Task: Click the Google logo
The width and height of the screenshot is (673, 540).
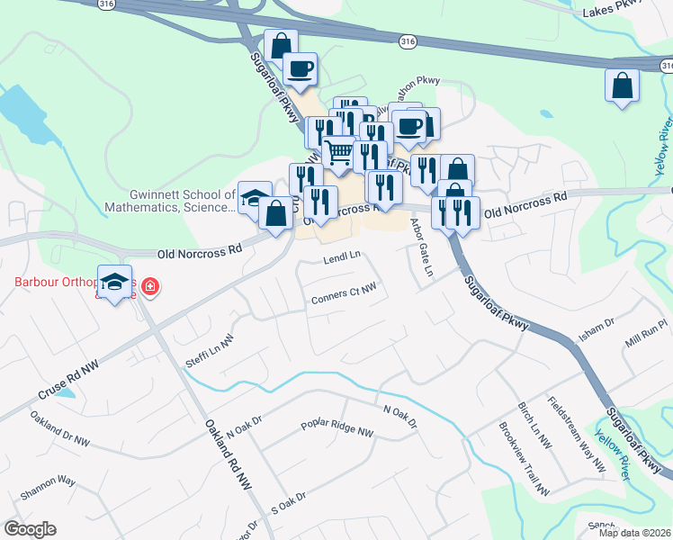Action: click(31, 529)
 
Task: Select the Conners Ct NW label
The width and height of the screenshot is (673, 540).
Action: click(342, 295)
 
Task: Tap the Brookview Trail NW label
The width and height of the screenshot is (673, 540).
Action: click(523, 459)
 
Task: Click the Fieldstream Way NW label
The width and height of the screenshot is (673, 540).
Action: click(577, 434)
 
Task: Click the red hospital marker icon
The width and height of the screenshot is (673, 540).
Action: click(150, 288)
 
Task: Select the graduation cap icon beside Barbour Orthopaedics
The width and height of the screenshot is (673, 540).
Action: click(115, 283)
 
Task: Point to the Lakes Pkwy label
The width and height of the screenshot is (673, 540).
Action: click(615, 12)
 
